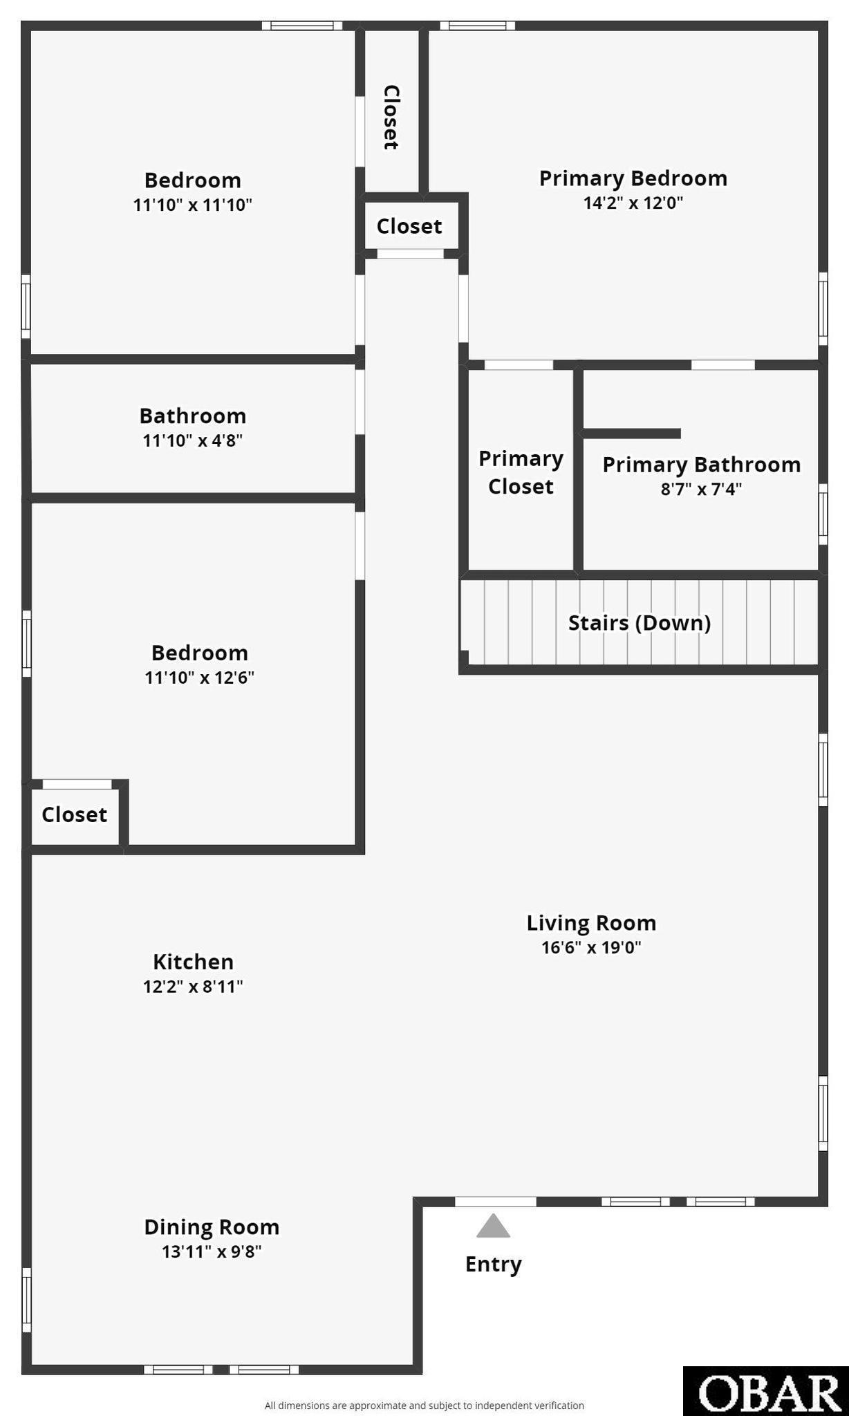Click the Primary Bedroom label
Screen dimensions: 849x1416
click(633, 178)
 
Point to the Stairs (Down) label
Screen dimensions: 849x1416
click(640, 623)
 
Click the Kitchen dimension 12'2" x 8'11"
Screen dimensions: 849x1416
click(193, 986)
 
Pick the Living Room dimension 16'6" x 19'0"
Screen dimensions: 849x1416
click(591, 947)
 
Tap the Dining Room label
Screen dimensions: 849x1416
click(212, 1227)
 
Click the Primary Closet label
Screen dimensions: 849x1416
click(521, 472)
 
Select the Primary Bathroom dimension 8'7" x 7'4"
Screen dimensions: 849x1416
click(701, 490)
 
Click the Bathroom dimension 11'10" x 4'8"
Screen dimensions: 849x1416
click(193, 440)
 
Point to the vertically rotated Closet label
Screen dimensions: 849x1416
click(391, 117)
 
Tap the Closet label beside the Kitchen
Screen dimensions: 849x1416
click(74, 814)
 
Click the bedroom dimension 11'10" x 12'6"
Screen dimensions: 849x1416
click(199, 677)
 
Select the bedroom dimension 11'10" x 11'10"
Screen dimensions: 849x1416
click(192, 205)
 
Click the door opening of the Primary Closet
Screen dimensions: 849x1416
click(519, 364)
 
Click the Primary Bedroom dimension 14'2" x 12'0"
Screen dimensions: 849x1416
click(633, 203)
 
